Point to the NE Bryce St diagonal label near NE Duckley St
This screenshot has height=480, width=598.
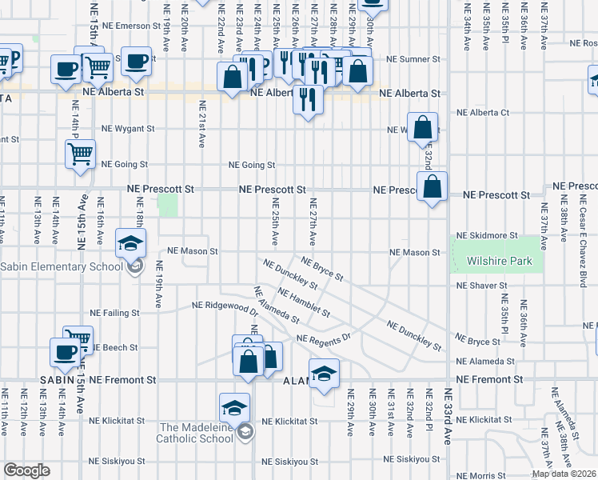[322, 268]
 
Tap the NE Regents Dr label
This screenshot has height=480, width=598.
[324, 339]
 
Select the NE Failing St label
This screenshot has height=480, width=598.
[114, 313]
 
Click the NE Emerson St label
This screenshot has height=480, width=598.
[125, 26]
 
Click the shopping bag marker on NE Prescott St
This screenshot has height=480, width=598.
[432, 187]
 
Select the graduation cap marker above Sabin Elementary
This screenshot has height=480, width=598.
[131, 242]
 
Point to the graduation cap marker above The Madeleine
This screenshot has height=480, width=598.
[235, 407]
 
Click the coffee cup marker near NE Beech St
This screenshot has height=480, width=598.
[66, 351]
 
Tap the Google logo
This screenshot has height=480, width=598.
[26, 470]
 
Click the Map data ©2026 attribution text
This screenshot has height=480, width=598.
[564, 474]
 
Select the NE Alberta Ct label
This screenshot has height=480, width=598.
[482, 113]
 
